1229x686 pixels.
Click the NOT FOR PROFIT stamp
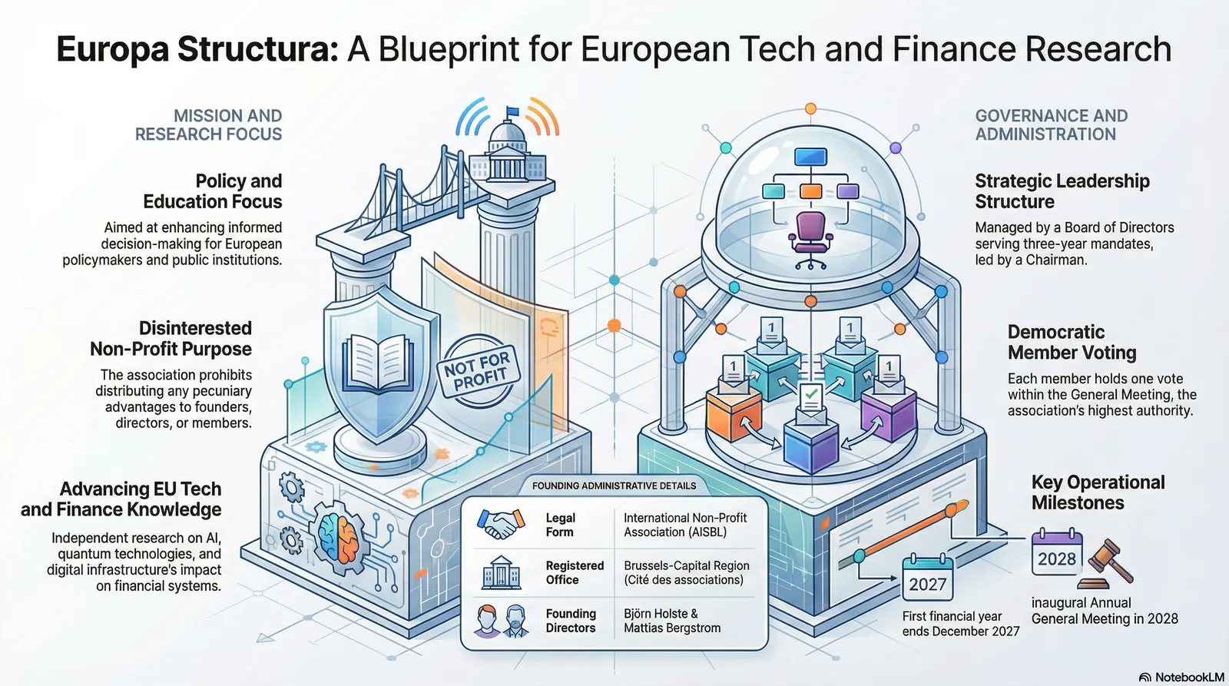click(479, 372)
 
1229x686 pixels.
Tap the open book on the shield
click(378, 363)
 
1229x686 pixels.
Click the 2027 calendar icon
click(927, 578)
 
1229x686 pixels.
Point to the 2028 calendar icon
click(1057, 552)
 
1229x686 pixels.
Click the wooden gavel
click(1105, 564)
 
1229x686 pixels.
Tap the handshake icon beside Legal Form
click(501, 524)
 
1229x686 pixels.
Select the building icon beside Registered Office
click(501, 572)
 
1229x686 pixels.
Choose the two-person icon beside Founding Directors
click(501, 621)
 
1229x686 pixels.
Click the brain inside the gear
click(340, 538)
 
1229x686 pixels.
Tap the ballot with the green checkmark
click(811, 397)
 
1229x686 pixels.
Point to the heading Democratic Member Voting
click(1072, 342)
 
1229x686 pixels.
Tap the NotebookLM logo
click(1182, 678)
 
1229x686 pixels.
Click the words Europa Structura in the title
click(197, 49)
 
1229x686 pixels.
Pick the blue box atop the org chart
click(810, 157)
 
